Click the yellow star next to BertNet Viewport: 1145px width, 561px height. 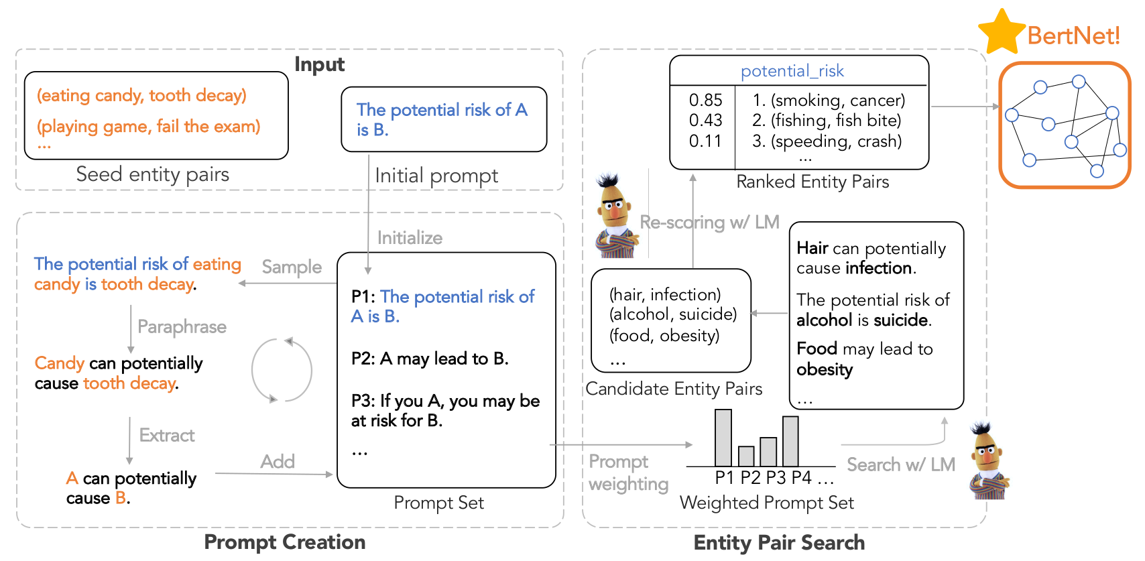(x=1001, y=33)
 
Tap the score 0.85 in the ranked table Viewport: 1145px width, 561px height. (x=705, y=100)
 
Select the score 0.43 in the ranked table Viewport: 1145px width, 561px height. (x=705, y=121)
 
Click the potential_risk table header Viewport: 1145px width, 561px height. (x=792, y=71)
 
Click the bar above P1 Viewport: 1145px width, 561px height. (x=723, y=438)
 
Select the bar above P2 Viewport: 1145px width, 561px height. (x=746, y=456)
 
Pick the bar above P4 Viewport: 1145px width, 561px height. (x=790, y=441)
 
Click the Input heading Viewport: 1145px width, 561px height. (x=319, y=64)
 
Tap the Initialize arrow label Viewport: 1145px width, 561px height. (x=410, y=238)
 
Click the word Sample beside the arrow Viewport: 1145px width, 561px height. (x=292, y=267)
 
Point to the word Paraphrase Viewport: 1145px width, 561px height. (x=182, y=327)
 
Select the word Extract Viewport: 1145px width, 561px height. (x=167, y=436)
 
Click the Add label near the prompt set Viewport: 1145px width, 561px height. (x=278, y=462)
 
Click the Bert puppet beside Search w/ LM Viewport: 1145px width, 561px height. (x=988, y=462)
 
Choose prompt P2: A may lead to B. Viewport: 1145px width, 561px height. (x=430, y=359)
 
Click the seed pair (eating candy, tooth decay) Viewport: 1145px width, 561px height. (x=141, y=96)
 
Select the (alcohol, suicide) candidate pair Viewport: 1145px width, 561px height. (x=672, y=314)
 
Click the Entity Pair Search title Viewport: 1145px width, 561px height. (x=778, y=542)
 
